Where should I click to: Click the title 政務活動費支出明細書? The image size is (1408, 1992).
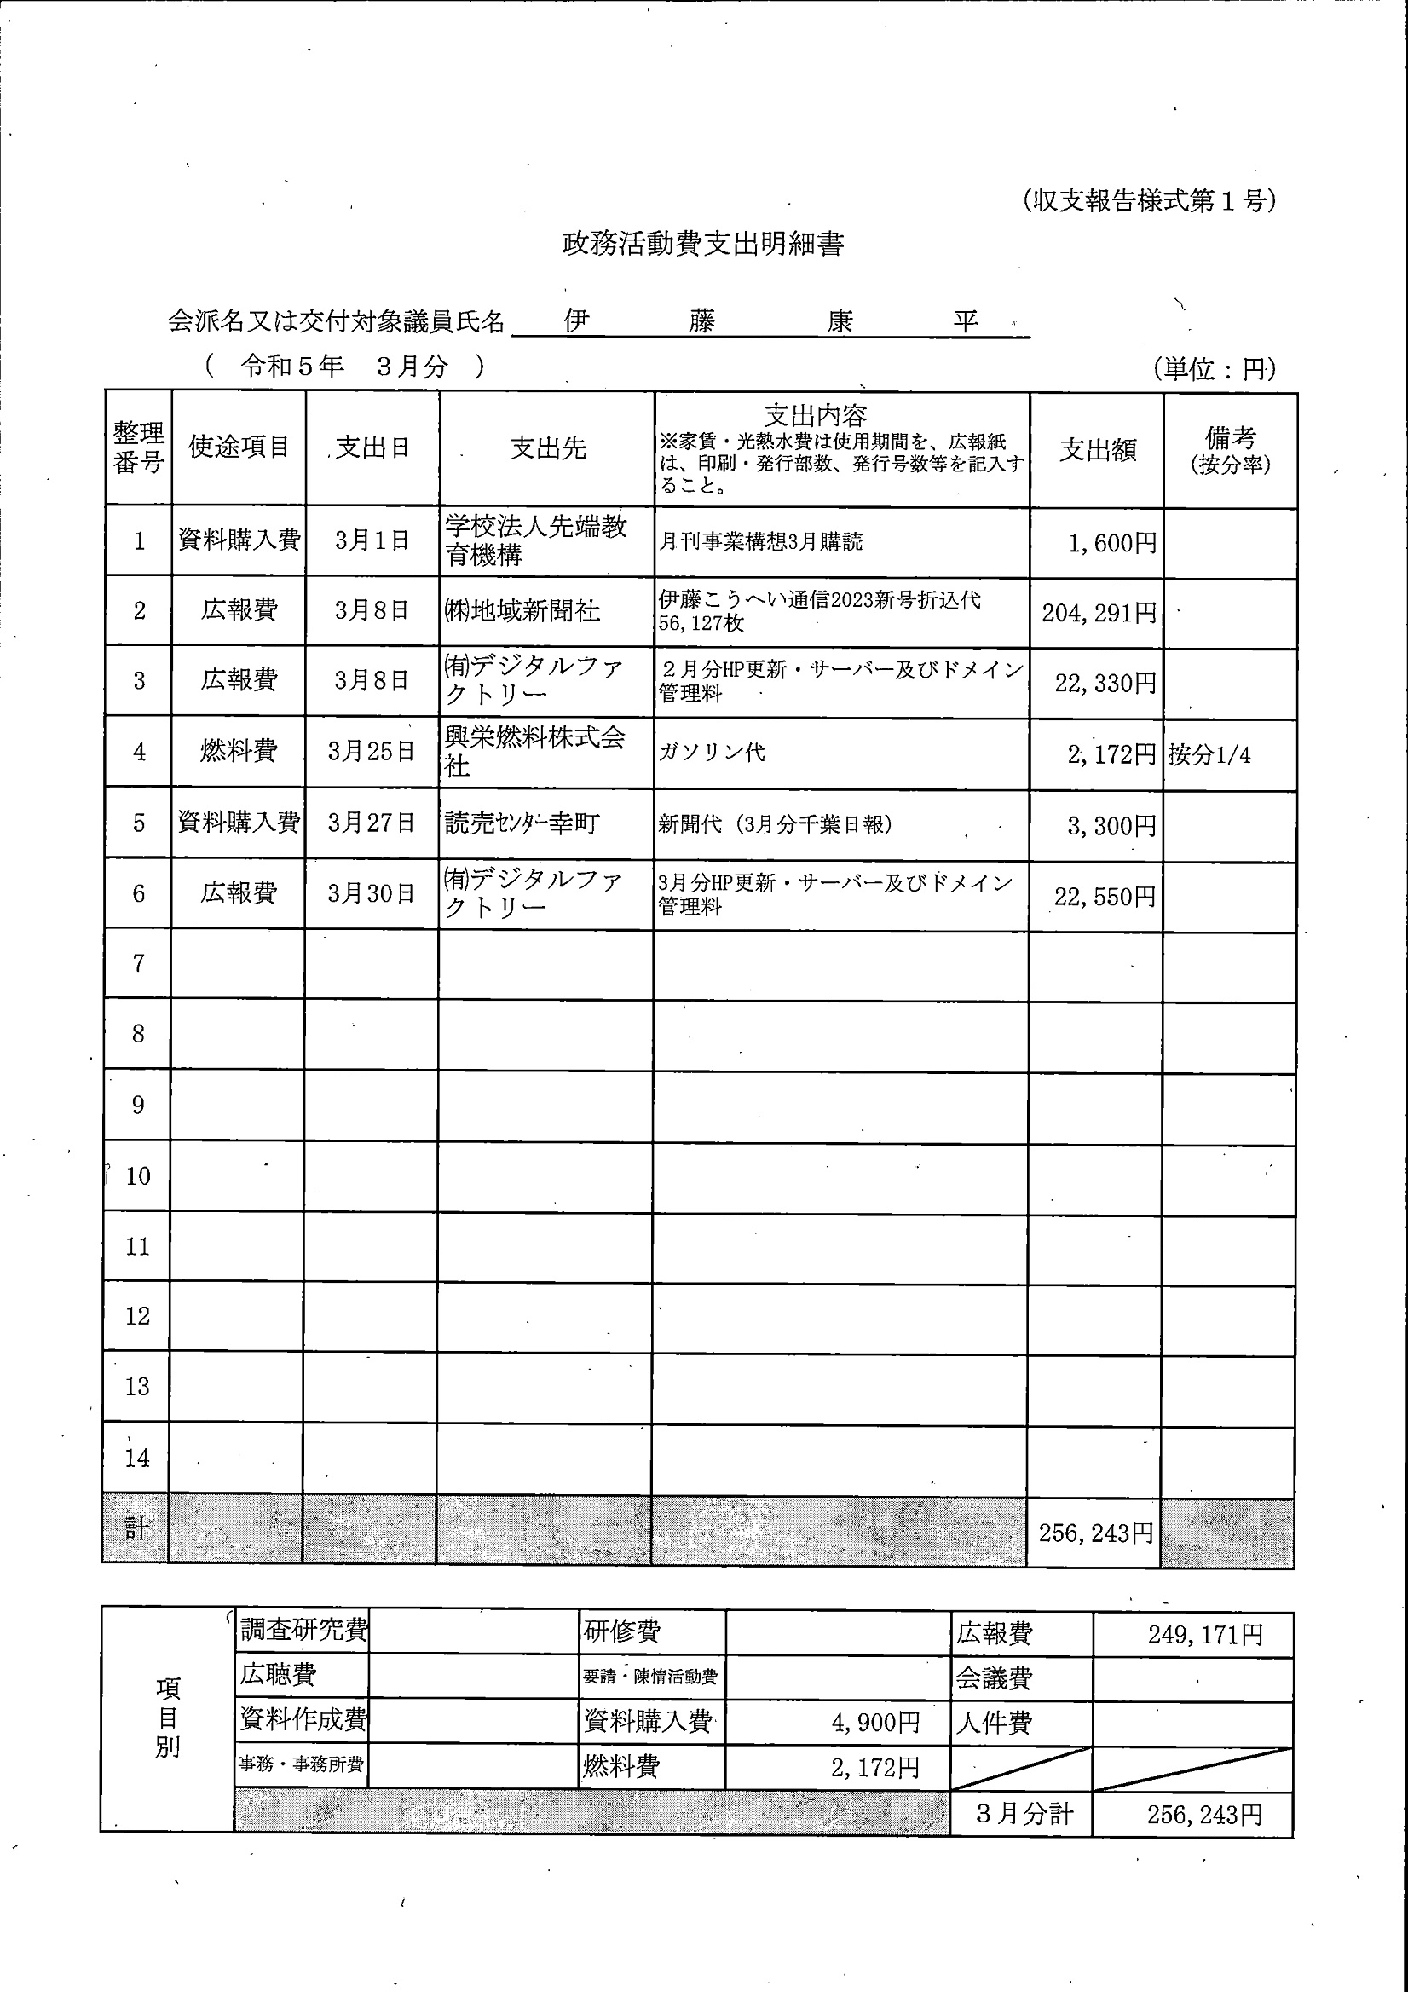702,245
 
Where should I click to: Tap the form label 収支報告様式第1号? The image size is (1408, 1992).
1149,201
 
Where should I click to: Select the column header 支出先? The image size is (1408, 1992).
547,448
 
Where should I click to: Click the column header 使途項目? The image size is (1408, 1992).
239,447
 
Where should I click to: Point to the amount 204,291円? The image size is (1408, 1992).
1099,614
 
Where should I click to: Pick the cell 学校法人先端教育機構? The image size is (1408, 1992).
535,540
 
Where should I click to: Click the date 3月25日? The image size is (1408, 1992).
372,751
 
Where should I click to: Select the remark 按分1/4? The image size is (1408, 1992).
1209,755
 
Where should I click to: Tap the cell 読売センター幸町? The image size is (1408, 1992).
522,823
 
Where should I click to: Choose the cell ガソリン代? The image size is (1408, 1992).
712,752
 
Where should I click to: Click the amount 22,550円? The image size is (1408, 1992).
1105,896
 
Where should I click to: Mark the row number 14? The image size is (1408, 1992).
137,1458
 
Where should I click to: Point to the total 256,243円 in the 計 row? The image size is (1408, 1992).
1096,1533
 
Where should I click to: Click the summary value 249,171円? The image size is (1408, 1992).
1205,1635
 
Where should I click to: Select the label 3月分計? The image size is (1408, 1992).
1024,1813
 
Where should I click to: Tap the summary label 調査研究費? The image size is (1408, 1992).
303,1630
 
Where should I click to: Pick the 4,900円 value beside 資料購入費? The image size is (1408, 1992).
875,1722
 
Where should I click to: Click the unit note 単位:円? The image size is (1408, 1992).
1214,370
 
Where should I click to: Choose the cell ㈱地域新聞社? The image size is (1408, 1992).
522,611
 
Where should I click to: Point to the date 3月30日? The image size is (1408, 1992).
372,893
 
